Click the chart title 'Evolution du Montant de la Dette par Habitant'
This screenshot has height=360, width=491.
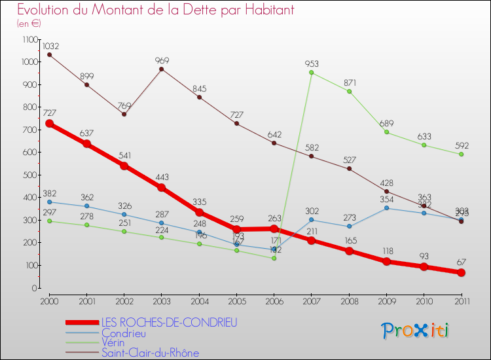click(156, 10)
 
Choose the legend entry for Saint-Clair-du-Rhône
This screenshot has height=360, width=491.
click(150, 353)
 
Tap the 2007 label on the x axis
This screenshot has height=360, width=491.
click(311, 300)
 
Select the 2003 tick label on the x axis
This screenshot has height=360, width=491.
click(161, 300)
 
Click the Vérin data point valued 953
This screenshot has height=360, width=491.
click(311, 73)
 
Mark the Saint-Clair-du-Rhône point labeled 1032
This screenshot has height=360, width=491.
click(49, 54)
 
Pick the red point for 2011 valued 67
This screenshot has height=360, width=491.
click(461, 272)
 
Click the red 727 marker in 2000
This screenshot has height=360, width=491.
click(49, 123)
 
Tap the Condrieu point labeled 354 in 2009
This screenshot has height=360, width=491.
click(386, 208)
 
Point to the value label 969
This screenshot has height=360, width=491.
click(162, 61)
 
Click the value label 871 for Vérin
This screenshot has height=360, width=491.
click(349, 83)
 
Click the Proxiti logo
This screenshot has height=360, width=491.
click(416, 331)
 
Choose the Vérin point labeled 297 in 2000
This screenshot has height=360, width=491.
click(49, 221)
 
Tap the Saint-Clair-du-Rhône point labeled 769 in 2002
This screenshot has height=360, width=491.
click(124, 114)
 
